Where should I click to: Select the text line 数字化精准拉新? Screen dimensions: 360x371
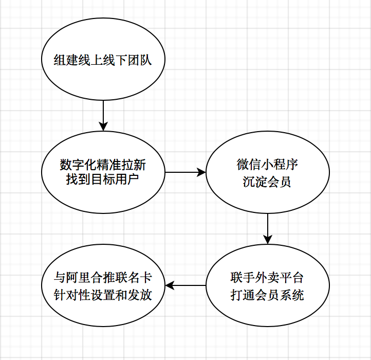click(103, 165)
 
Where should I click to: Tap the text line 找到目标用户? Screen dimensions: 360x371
click(103, 180)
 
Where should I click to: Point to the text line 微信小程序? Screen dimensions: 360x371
click(267, 165)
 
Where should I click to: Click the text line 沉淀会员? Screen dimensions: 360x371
click(267, 182)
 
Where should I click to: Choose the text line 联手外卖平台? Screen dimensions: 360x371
click(267, 278)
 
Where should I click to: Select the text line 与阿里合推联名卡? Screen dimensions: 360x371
click(103, 278)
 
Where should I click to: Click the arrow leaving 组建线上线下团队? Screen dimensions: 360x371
click(103, 114)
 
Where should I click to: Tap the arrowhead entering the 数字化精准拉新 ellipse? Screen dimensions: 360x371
click(103, 127)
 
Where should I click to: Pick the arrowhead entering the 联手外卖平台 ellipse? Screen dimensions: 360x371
click(267, 239)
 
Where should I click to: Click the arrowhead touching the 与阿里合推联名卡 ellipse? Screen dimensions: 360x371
click(170, 285)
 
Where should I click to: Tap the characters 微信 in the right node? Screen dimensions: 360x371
click(249, 165)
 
